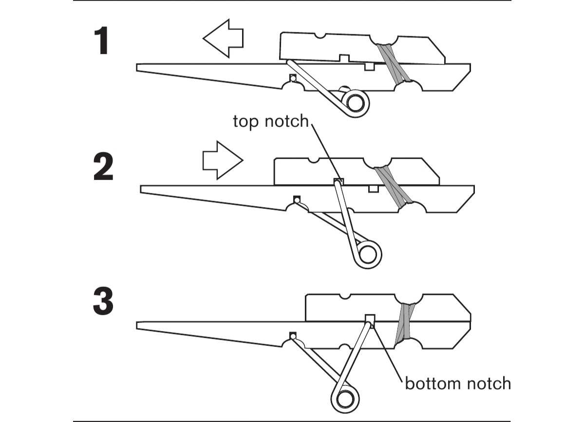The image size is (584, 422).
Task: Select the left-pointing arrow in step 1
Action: click(223, 40)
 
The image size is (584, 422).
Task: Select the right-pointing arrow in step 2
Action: click(222, 160)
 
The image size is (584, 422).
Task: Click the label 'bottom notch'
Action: click(458, 383)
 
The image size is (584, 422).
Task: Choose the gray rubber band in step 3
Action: click(405, 322)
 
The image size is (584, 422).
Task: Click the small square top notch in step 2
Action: click(339, 182)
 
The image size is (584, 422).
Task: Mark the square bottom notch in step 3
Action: click(370, 320)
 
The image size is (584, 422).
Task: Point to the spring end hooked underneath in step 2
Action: click(296, 199)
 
